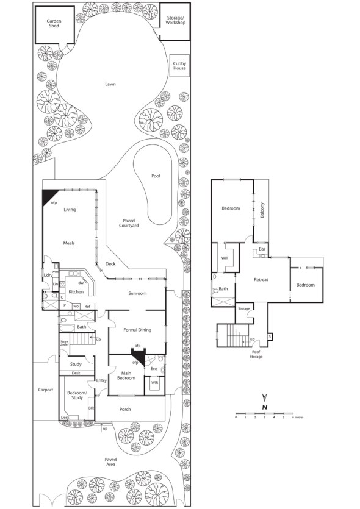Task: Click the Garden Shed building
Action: (54, 24)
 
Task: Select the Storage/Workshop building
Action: (175, 23)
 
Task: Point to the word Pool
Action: (156, 176)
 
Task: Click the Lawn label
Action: (110, 84)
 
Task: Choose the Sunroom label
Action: (137, 293)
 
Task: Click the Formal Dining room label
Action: (137, 330)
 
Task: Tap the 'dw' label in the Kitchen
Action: (81, 283)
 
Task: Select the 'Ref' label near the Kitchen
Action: (87, 305)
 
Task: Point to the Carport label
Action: (46, 390)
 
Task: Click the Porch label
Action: (125, 409)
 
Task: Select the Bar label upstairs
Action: (262, 249)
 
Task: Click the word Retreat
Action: (261, 280)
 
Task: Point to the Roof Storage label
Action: (256, 354)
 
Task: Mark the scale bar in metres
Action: (264, 414)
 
